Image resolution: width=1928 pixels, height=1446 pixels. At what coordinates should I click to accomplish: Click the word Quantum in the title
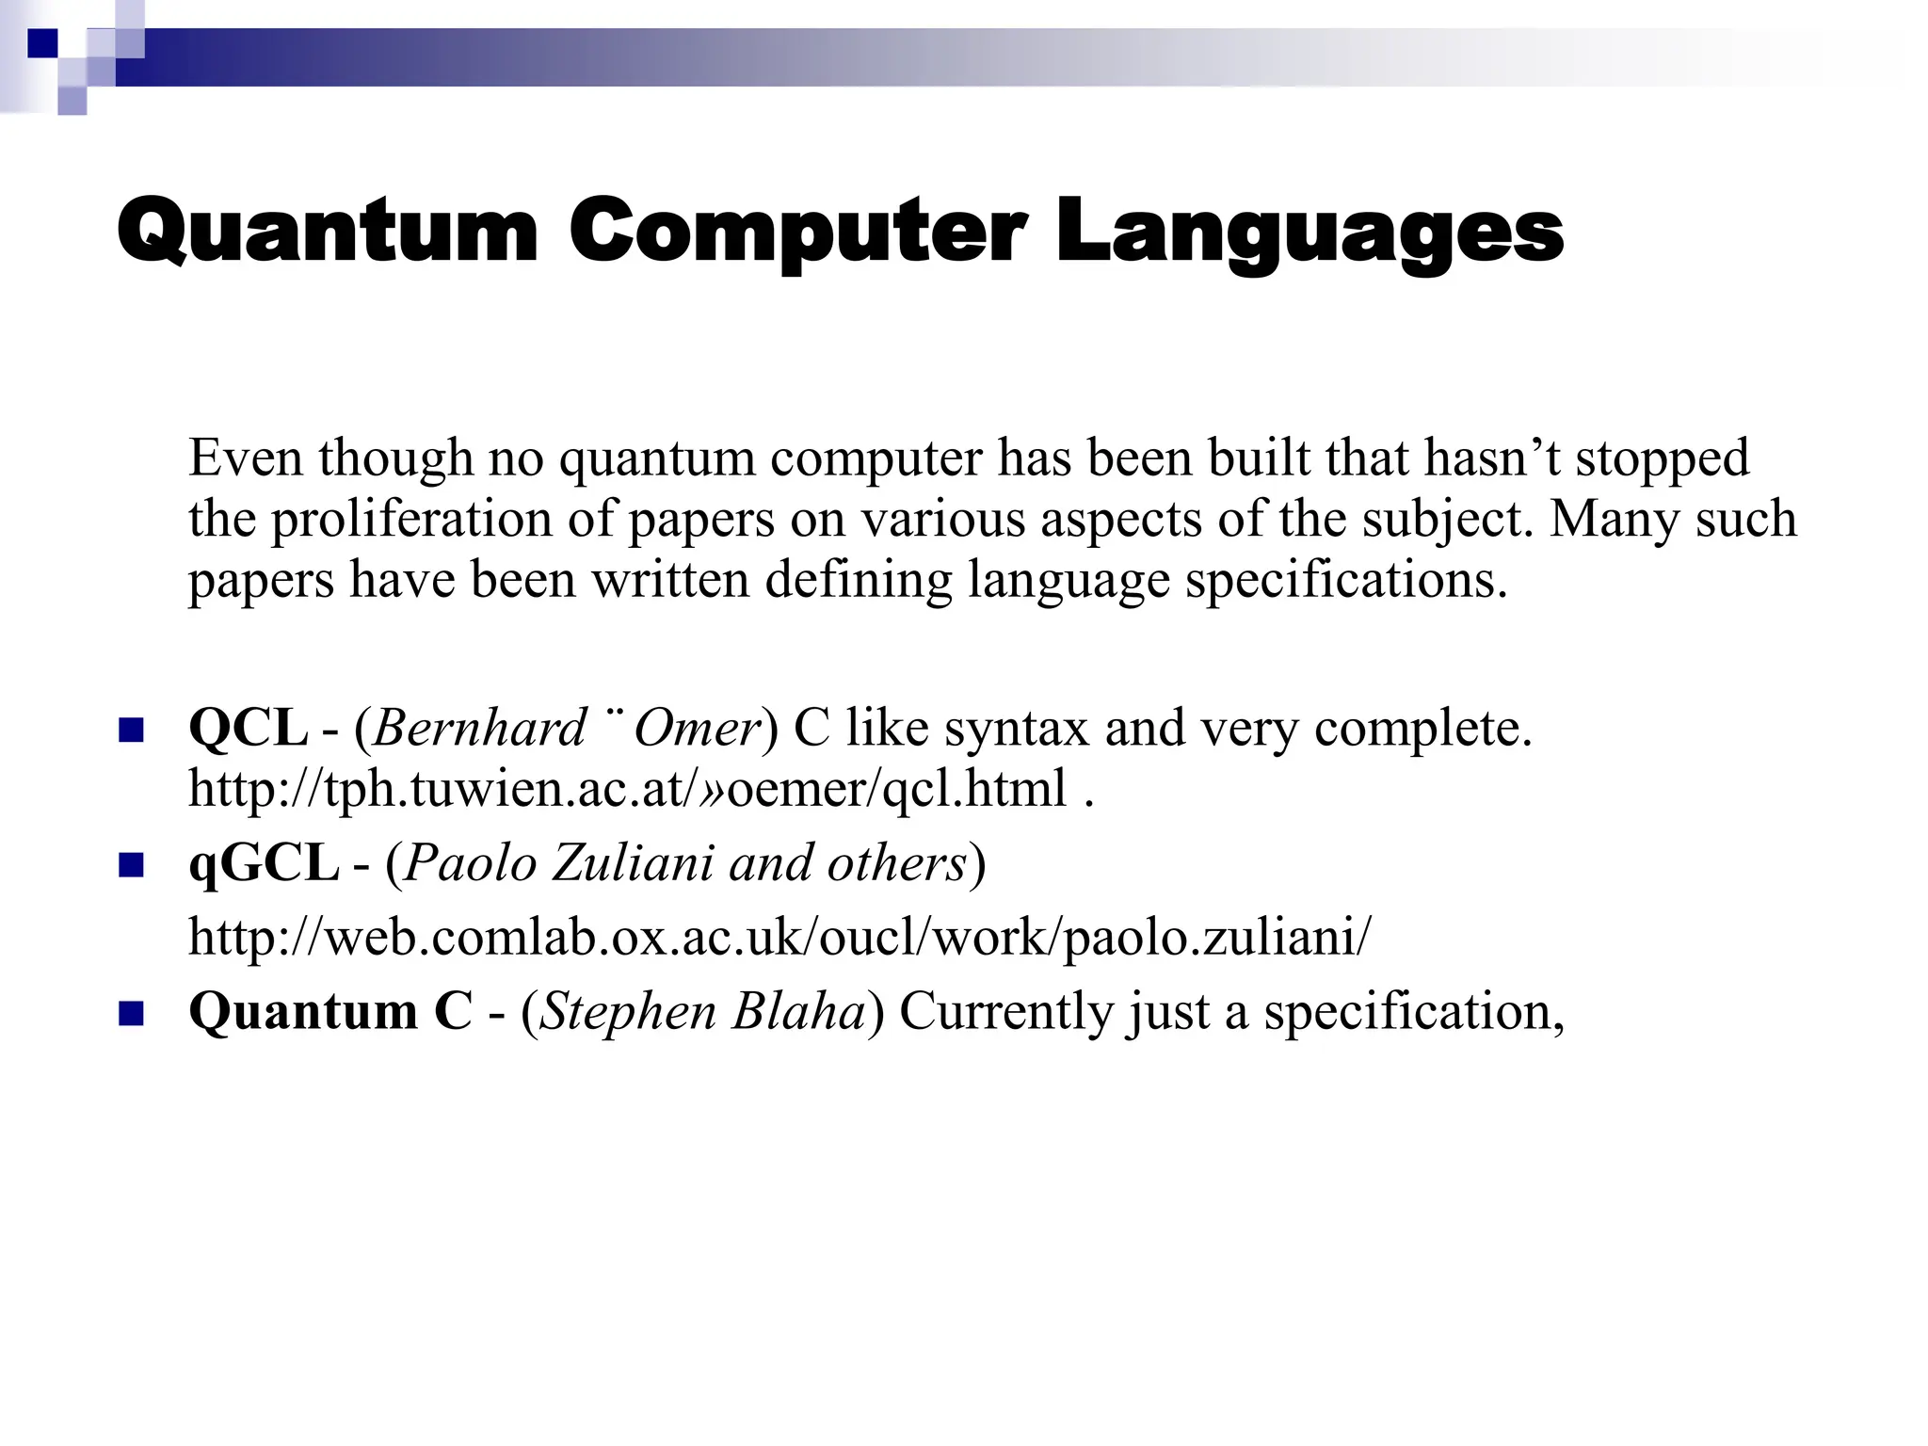(x=327, y=232)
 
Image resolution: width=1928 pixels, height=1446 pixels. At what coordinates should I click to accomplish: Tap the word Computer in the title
(x=796, y=232)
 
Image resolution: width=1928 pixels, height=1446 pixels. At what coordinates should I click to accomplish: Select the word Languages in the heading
(x=1309, y=232)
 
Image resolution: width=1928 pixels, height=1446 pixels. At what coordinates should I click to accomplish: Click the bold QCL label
(x=248, y=728)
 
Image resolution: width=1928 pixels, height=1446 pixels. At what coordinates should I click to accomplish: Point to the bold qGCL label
(x=264, y=862)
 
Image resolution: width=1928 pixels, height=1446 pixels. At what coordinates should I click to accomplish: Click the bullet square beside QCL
(x=131, y=731)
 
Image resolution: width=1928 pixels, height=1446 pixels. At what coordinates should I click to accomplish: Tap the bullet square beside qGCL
(x=131, y=865)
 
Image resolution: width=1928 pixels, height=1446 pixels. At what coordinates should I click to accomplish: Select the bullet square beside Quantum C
(x=131, y=1014)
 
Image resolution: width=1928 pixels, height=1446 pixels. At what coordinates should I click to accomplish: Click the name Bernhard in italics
(x=480, y=728)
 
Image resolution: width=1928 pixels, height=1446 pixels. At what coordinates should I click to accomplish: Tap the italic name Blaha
(x=798, y=1011)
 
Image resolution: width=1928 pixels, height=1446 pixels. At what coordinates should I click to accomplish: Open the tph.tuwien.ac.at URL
(x=627, y=788)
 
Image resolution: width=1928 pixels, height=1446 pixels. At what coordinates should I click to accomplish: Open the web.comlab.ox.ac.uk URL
(x=779, y=937)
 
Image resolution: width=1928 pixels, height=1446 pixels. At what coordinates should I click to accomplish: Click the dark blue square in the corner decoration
(x=42, y=43)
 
